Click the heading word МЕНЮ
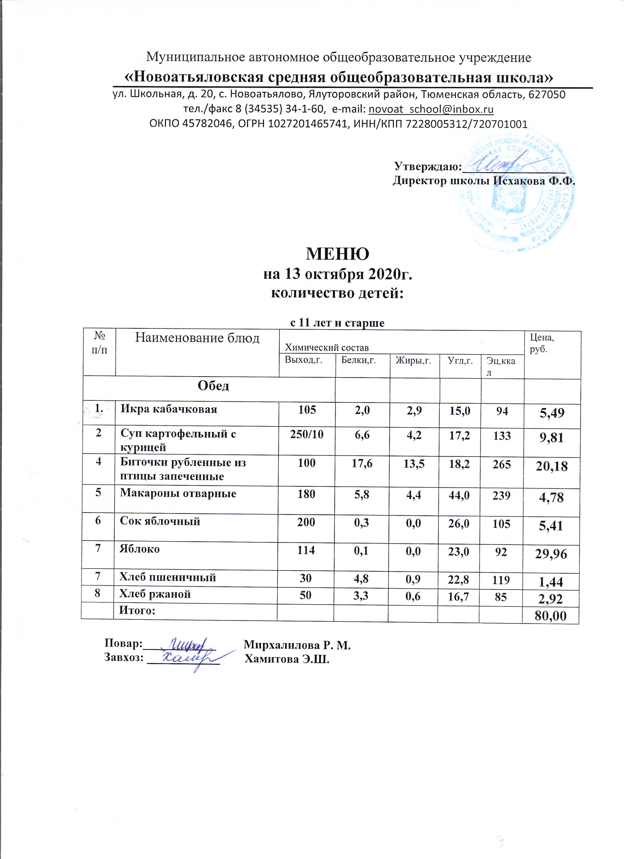coord(337,254)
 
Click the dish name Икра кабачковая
coord(169,409)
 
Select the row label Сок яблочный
coord(160,521)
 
